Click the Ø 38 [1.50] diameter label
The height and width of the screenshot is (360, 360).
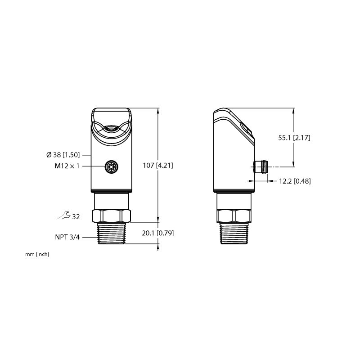tap(63, 155)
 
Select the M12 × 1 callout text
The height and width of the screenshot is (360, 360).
tap(67, 166)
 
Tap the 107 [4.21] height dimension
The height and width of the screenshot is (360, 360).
tap(158, 165)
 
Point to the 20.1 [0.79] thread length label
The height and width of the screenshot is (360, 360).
tap(158, 233)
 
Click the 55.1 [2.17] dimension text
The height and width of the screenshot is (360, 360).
tap(294, 138)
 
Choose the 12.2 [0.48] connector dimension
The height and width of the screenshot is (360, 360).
tap(295, 181)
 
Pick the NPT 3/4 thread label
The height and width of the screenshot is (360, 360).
tap(67, 237)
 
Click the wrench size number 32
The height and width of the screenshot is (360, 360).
tap(76, 217)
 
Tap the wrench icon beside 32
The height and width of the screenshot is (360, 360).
tap(64, 215)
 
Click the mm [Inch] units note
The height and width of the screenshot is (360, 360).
tap(37, 254)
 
